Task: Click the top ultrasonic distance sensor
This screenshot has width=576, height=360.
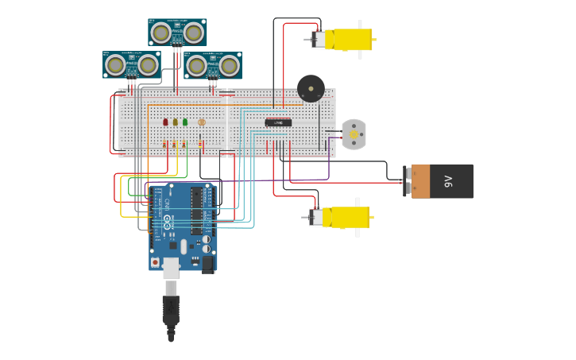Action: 177,33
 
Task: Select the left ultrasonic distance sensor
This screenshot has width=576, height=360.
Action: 132,65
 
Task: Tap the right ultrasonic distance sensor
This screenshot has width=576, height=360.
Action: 213,65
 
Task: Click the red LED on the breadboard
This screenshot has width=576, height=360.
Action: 165,122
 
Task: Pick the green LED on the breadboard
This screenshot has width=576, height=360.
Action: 185,122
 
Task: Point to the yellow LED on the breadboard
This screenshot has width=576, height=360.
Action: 176,122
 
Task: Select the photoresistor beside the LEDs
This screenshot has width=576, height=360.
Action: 202,122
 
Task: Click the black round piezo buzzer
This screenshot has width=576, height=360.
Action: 311,88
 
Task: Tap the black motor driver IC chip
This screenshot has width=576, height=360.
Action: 278,122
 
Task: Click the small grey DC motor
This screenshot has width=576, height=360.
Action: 354,134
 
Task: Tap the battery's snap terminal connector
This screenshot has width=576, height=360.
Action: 408,181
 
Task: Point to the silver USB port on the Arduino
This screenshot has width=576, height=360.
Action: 171,267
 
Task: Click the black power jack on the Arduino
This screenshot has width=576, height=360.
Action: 208,263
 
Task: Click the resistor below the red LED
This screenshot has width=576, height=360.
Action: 165,144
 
